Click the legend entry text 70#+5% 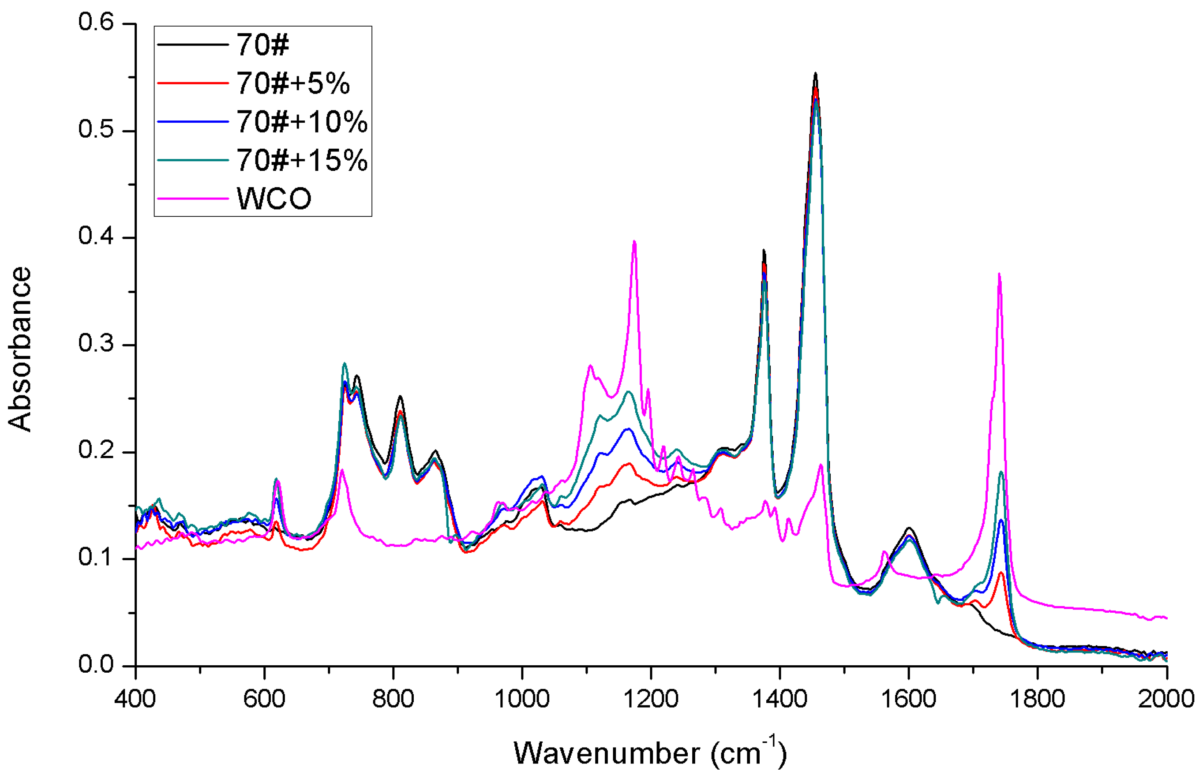pos(293,83)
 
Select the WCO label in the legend pos(274,199)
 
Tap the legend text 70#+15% pos(302,161)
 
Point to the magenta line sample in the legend pos(192,198)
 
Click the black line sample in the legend pos(192,45)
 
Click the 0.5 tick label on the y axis pos(96,130)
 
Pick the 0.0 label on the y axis pos(96,664)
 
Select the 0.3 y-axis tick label pos(96,344)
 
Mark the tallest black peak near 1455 pos(816,74)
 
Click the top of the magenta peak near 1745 pos(999,274)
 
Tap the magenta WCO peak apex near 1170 pos(634,241)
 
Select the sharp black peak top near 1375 pos(763,250)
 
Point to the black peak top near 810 pos(400,397)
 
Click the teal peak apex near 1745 pos(1001,472)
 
